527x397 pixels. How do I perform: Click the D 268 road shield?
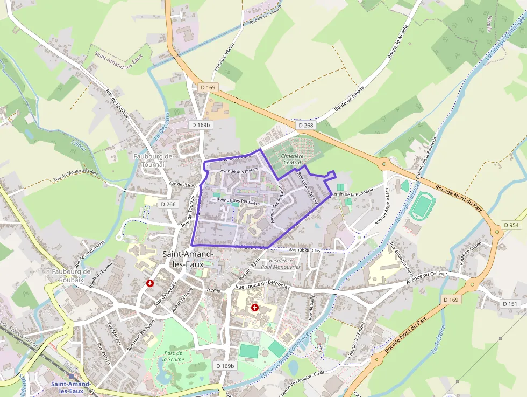[x=305, y=126]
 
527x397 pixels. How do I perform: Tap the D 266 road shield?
[x=168, y=204]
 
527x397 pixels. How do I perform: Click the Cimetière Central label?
[x=291, y=159]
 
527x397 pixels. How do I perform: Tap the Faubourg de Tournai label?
[x=153, y=160]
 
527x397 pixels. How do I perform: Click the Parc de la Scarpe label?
[x=171, y=356]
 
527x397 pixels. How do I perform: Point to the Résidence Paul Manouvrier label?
[x=280, y=263]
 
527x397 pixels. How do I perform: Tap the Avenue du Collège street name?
[x=430, y=277]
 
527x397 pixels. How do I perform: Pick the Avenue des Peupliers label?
[x=238, y=201]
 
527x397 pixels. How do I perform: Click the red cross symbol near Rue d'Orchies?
[x=150, y=283]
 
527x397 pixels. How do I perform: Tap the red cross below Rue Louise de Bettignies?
[x=254, y=308]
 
